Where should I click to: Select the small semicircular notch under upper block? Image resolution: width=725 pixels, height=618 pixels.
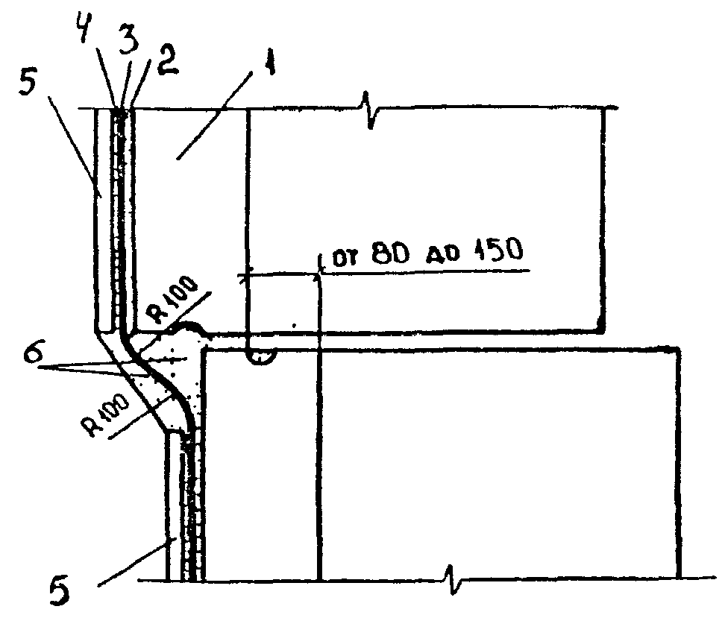[262, 359]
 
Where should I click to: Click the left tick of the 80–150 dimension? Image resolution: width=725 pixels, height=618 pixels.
[247, 275]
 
